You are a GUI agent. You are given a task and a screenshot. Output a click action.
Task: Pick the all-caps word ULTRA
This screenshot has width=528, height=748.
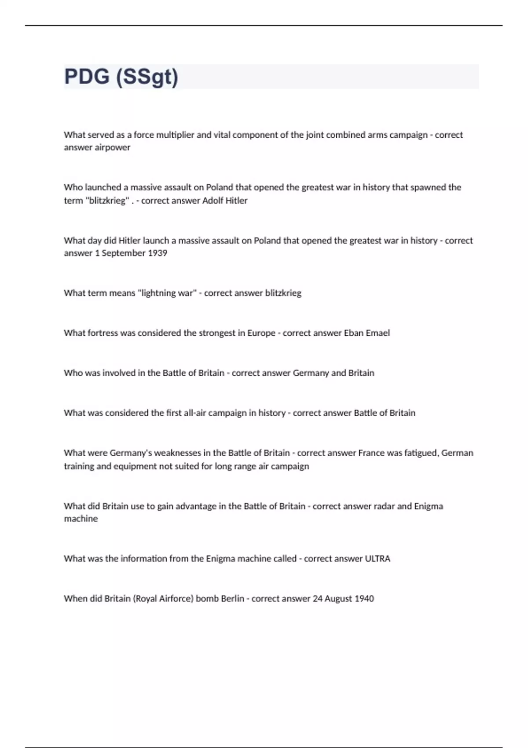(x=378, y=559)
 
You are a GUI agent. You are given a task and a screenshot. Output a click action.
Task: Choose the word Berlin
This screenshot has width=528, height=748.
(x=232, y=599)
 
